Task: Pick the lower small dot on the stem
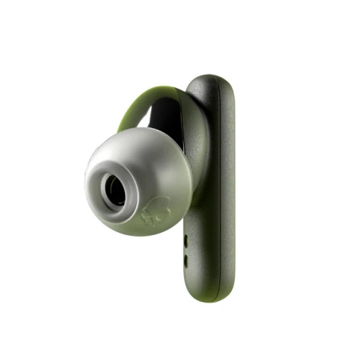[x=185, y=258]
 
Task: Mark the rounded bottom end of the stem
[x=210, y=296]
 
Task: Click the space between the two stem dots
[x=185, y=250]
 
